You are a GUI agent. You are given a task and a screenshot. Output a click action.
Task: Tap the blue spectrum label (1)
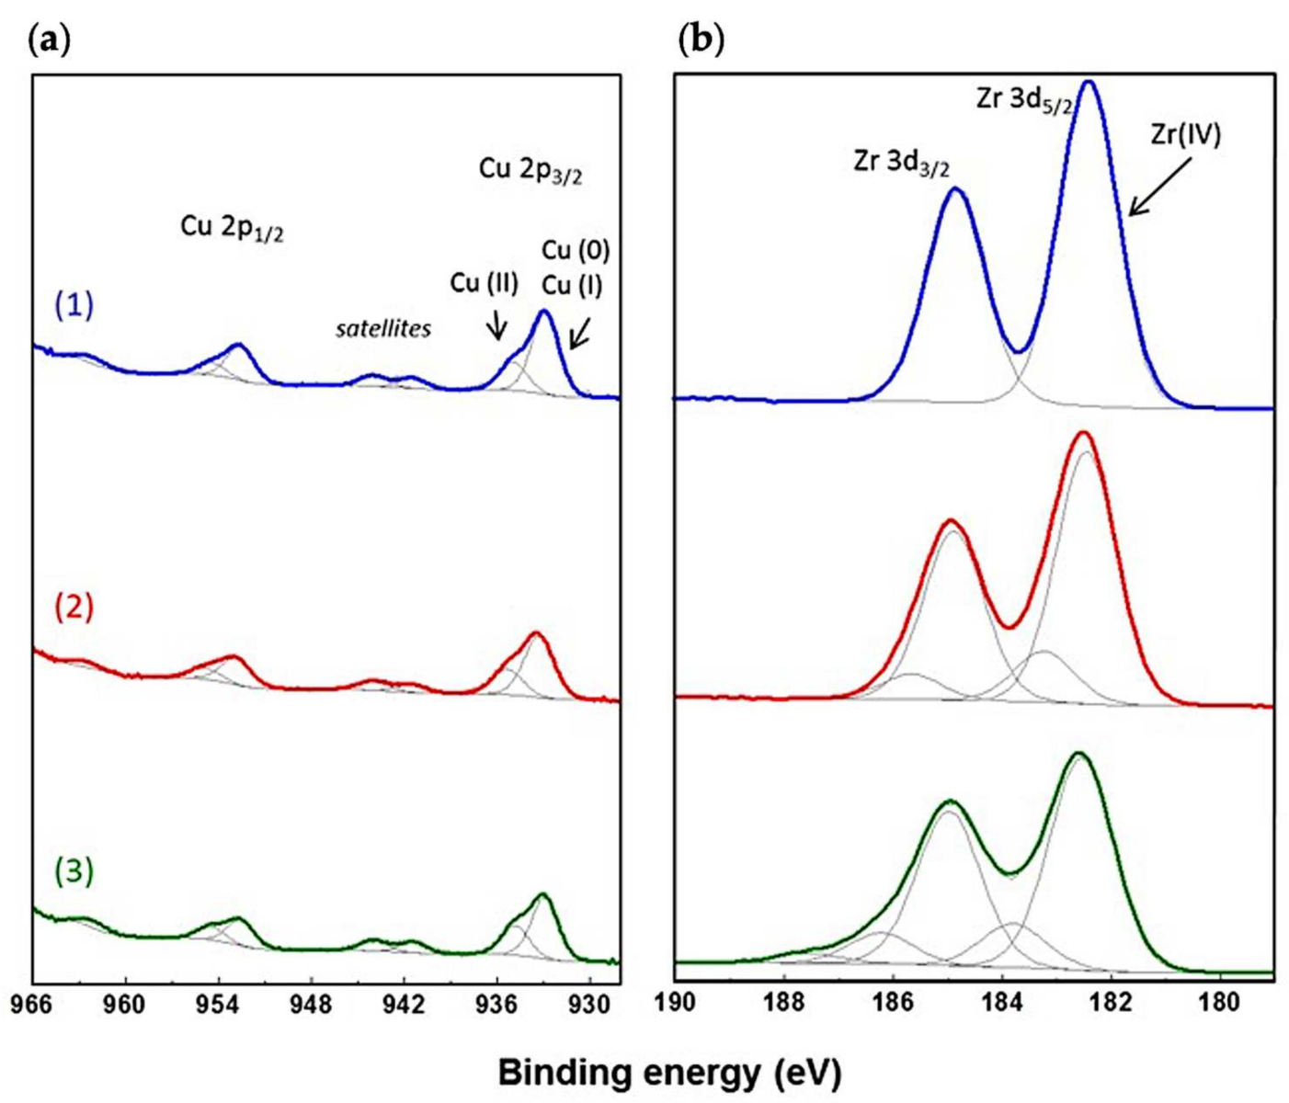click(74, 304)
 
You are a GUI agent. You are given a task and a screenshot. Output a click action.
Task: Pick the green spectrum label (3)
click(74, 870)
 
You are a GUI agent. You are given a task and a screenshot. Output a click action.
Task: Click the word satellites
click(382, 329)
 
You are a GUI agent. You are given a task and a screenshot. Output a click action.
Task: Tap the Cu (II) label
click(485, 283)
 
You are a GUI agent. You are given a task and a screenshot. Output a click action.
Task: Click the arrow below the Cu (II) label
click(496, 324)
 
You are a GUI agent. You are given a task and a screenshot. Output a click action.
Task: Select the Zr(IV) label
click(1185, 135)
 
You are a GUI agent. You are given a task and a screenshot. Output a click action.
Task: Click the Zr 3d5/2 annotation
click(1023, 100)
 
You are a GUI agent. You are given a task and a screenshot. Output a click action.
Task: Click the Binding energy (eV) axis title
click(669, 1072)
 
